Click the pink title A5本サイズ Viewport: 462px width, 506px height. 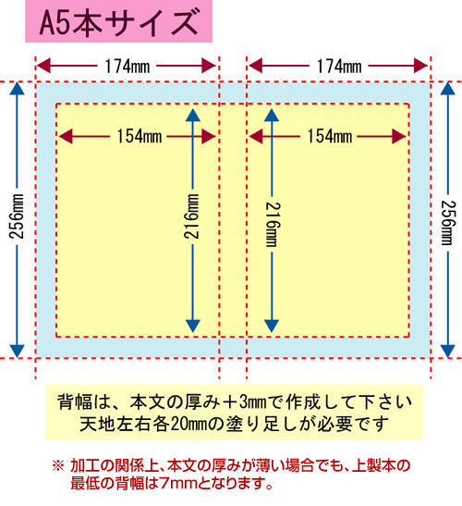pyautogui.click(x=118, y=22)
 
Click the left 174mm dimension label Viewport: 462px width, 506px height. pyautogui.click(x=128, y=67)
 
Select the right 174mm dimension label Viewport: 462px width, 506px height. pyautogui.click(x=339, y=67)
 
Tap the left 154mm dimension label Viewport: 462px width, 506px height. pyautogui.click(x=140, y=136)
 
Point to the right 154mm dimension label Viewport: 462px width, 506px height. pyautogui.click(x=330, y=136)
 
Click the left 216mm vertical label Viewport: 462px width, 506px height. pyautogui.click(x=192, y=216)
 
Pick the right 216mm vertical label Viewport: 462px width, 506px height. pyautogui.click(x=273, y=224)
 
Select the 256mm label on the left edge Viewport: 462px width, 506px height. pyautogui.click(x=17, y=216)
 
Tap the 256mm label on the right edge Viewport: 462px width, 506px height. pyautogui.click(x=448, y=223)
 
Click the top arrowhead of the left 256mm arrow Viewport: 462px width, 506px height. pyautogui.click(x=17, y=89)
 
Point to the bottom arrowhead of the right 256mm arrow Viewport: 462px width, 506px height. pyautogui.click(x=448, y=352)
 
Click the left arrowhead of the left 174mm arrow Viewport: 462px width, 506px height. pyautogui.click(x=43, y=67)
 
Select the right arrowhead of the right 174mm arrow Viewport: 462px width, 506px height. pyautogui.click(x=420, y=67)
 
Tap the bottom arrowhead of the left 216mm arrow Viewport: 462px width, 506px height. pyautogui.click(x=193, y=326)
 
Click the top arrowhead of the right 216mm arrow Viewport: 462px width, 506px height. pyautogui.click(x=272, y=116)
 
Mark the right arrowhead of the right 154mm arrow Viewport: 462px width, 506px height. pyautogui.click(x=399, y=137)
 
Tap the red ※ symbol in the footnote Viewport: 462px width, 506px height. pyautogui.click(x=58, y=466)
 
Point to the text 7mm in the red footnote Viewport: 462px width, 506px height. pyautogui.click(x=178, y=484)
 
